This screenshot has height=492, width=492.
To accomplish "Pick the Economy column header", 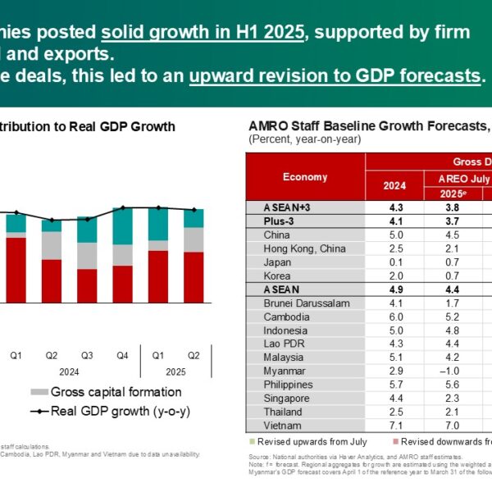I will tap(304, 177).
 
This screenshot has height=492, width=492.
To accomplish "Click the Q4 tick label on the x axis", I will tap(123, 356).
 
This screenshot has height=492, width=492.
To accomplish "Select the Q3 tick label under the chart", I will tap(87, 356).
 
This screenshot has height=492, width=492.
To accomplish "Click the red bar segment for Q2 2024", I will tap(52, 281).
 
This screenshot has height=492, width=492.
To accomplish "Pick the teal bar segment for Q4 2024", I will tap(123, 227).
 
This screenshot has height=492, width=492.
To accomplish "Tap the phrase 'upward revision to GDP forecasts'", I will tap(334, 75).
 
